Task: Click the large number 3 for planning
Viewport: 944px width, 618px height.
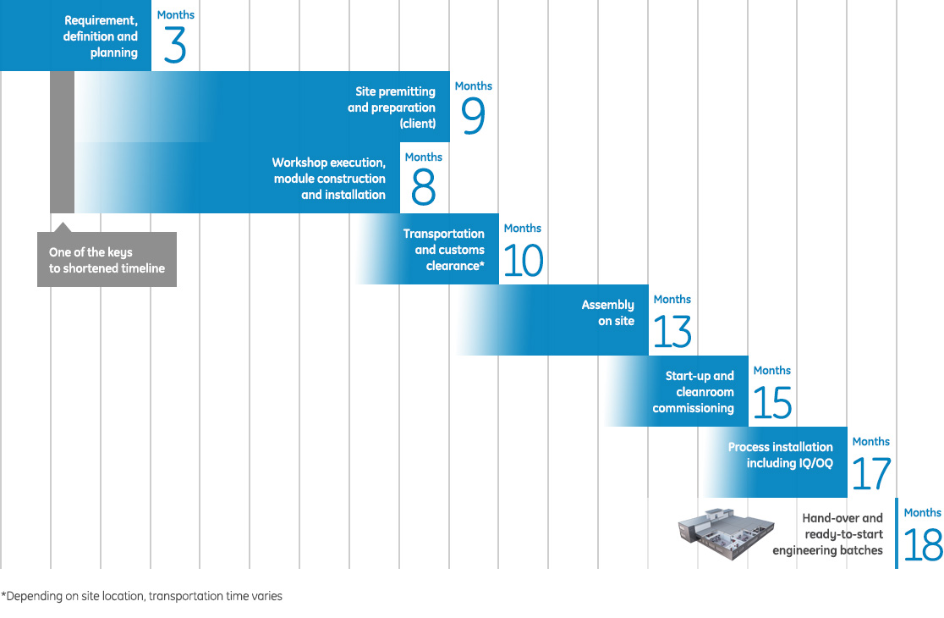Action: click(174, 46)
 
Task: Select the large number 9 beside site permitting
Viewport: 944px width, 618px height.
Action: click(474, 117)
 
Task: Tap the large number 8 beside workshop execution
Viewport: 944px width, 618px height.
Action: click(423, 188)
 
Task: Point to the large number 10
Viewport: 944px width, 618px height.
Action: click(523, 259)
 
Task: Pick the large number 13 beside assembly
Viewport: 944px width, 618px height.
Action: click(672, 330)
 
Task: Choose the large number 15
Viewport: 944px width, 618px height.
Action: click(771, 401)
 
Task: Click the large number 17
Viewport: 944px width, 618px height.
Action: click(871, 472)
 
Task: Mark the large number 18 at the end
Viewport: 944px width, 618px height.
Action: click(923, 544)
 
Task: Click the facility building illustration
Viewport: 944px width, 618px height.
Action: click(725, 530)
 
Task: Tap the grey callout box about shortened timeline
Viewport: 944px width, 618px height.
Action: click(107, 260)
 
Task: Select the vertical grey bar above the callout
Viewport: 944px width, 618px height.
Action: click(62, 142)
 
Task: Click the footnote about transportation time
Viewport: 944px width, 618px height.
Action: click(142, 596)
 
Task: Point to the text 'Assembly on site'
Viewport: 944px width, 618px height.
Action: click(608, 313)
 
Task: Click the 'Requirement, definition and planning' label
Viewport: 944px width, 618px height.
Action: click(101, 37)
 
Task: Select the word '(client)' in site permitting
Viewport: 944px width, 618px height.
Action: click(418, 124)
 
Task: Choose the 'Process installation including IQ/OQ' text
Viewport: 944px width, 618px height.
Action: click(780, 455)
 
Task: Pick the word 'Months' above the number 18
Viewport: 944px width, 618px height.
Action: click(922, 512)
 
